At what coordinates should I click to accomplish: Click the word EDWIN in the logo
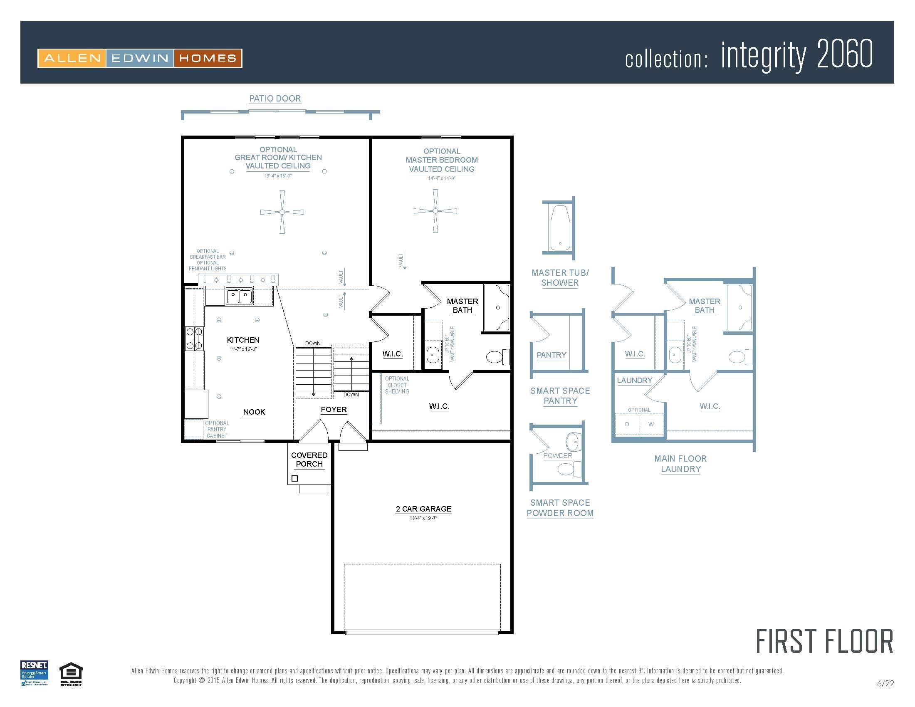(x=139, y=58)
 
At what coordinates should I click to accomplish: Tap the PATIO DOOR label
(x=275, y=99)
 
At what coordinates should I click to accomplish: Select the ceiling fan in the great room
(x=282, y=212)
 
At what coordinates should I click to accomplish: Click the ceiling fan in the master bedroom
(x=435, y=211)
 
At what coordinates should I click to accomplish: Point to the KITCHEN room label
(x=243, y=340)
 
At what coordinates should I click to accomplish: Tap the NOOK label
(x=254, y=412)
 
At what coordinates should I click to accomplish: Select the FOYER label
(x=334, y=410)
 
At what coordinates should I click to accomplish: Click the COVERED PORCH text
(x=309, y=460)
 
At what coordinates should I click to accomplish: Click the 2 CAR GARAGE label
(x=423, y=509)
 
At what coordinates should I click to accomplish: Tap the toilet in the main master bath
(x=497, y=357)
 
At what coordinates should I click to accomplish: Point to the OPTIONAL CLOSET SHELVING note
(x=397, y=385)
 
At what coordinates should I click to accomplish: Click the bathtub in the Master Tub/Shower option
(x=560, y=228)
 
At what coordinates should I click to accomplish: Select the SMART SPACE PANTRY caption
(x=560, y=396)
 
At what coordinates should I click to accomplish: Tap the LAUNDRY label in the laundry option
(x=634, y=380)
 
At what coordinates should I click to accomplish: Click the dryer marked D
(x=627, y=424)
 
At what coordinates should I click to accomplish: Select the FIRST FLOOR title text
(x=824, y=641)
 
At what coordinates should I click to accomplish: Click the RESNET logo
(x=35, y=672)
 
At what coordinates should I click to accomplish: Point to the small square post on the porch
(x=294, y=478)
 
